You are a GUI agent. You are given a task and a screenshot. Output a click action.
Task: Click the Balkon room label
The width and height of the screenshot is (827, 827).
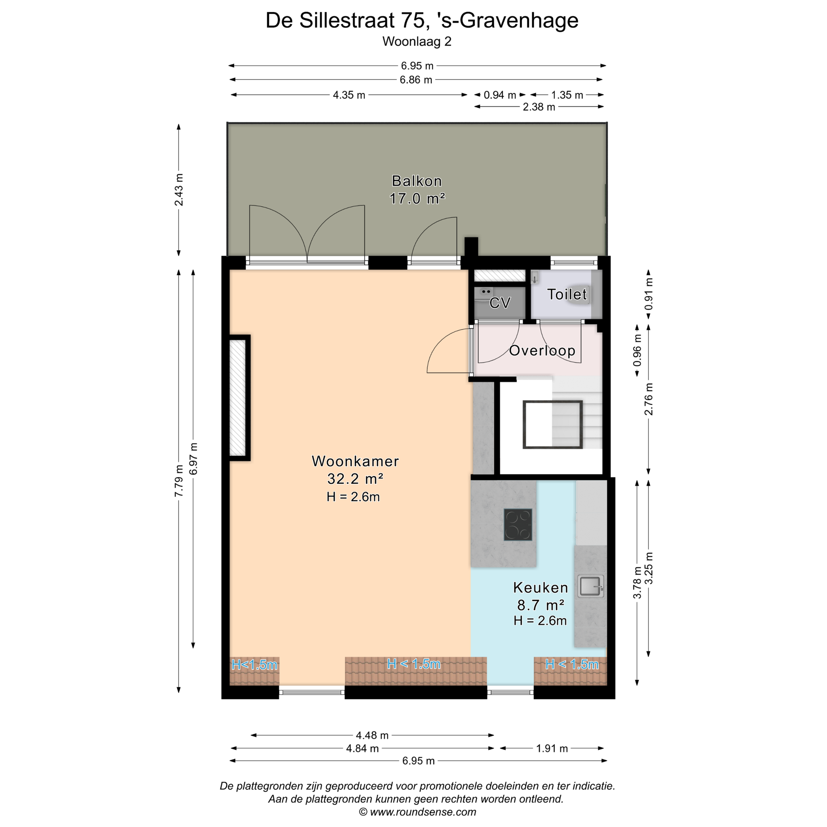[x=416, y=181]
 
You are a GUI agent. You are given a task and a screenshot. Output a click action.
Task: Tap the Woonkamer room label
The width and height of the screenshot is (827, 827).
[x=355, y=461]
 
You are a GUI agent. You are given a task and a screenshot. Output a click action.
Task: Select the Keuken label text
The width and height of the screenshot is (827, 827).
[x=540, y=588]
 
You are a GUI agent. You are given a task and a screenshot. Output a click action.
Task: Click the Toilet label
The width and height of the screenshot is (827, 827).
[x=567, y=294]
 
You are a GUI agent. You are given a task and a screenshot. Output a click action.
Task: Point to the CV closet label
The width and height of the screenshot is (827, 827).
[x=500, y=303]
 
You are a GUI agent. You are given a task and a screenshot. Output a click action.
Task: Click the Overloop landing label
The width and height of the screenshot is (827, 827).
[x=542, y=351]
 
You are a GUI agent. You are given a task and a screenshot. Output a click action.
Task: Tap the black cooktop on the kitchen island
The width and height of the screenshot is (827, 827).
[x=518, y=525]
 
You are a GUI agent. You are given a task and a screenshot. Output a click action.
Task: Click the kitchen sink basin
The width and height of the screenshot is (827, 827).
[x=591, y=586]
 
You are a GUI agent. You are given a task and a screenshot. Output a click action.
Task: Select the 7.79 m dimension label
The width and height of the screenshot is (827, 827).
[x=179, y=481]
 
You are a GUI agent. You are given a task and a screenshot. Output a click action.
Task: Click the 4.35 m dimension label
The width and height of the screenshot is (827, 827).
[x=349, y=95]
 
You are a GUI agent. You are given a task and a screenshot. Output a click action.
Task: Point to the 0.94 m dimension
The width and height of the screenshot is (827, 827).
[x=500, y=95]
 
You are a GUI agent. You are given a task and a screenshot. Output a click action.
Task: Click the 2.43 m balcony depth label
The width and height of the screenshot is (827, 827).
[x=179, y=190]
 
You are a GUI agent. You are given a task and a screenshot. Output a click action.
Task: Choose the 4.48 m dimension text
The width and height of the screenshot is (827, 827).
[x=372, y=735]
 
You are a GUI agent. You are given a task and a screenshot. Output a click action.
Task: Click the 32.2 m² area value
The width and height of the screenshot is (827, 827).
[x=355, y=479]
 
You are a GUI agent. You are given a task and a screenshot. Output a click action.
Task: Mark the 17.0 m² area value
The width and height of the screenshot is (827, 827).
[x=417, y=199]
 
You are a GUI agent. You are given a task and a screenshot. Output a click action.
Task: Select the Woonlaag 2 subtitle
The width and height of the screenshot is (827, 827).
[x=417, y=42]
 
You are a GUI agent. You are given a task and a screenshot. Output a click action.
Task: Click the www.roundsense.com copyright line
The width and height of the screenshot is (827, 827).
[x=418, y=812]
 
